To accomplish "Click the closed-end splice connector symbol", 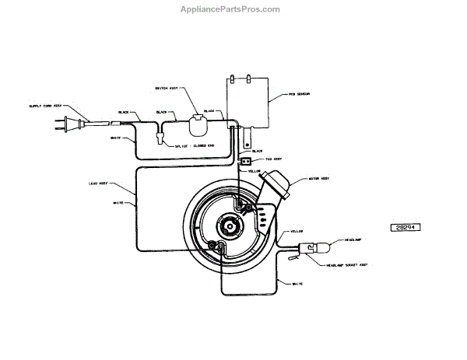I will click(x=160, y=138).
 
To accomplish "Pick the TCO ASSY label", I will click(x=272, y=159).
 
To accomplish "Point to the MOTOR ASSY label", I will click(x=319, y=178).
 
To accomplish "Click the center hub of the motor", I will click(x=230, y=225).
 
